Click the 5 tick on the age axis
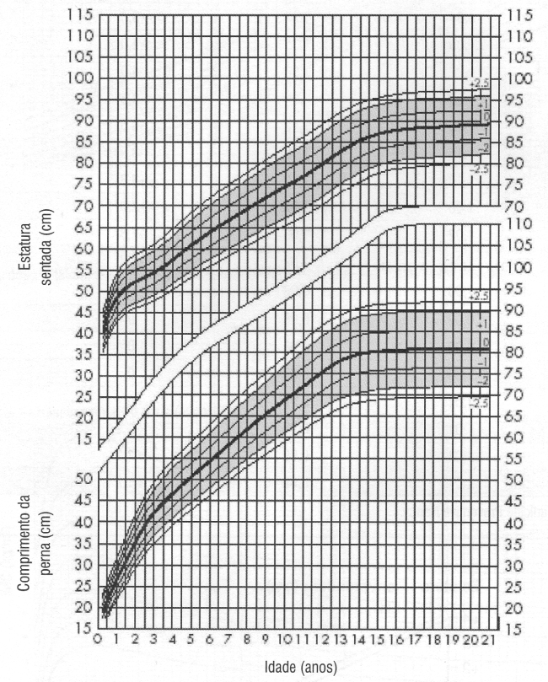pos(191,638)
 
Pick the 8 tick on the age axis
pos(247,638)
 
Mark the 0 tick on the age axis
pos(99,638)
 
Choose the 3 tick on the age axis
pos(154,638)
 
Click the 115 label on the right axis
pos(522,15)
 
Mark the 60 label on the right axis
pos(518,438)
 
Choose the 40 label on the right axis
pos(518,523)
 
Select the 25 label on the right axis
pos(518,587)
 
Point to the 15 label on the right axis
pos(518,629)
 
